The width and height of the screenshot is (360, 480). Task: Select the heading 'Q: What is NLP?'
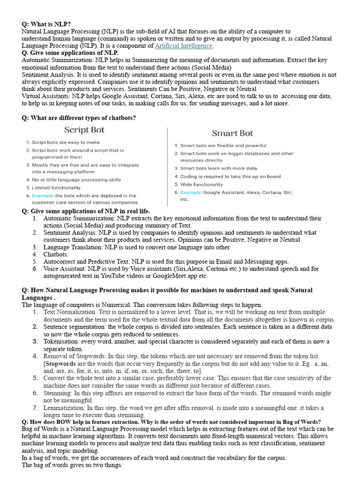46,24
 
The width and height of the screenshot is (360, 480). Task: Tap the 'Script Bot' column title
84,130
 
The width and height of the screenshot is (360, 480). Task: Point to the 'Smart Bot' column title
232,134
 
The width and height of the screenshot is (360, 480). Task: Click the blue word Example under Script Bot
43,196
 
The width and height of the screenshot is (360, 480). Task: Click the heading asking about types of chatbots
79,118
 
